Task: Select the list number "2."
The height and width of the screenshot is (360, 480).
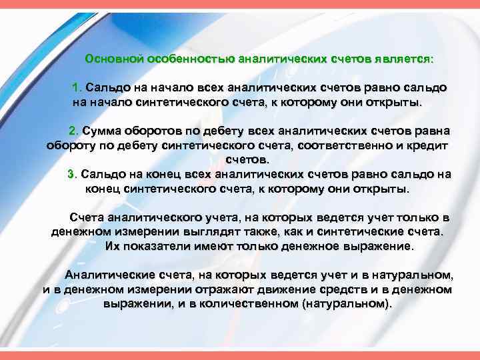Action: [x=74, y=130]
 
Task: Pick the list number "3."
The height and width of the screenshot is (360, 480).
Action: [x=73, y=174]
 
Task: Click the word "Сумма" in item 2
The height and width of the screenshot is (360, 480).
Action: [x=101, y=130]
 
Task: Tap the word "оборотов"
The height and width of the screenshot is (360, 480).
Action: [x=150, y=130]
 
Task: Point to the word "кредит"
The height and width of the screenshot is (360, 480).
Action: [x=427, y=145]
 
